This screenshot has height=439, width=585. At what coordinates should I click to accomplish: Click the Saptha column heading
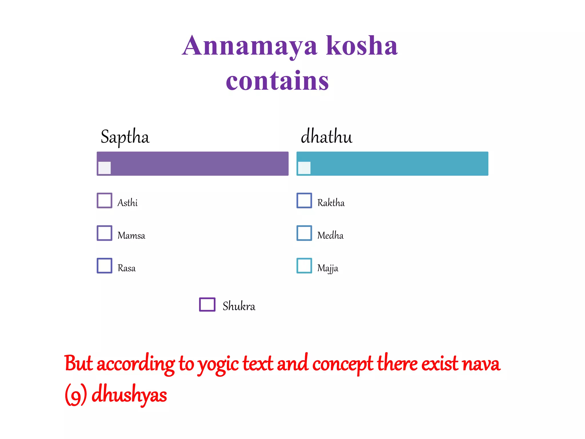(125, 137)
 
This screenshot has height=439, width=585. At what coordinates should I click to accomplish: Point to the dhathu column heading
(326, 136)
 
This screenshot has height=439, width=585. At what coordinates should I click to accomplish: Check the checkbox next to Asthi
(105, 200)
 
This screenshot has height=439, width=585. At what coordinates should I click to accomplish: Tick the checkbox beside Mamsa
(105, 233)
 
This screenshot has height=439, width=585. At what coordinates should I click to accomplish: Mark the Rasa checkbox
(105, 266)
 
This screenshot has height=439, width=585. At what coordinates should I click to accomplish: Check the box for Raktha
(304, 200)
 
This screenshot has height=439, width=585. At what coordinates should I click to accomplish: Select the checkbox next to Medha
(304, 233)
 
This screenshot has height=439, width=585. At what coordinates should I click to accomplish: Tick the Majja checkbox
(304, 266)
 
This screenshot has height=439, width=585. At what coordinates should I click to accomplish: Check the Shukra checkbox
(207, 304)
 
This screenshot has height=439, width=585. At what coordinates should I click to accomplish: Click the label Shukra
(239, 306)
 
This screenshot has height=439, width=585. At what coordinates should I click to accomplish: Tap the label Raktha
(331, 203)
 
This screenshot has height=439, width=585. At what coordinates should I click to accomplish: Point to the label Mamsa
(131, 236)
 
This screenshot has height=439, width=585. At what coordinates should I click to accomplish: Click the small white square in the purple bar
(105, 168)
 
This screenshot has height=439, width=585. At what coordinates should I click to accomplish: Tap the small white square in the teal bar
(304, 168)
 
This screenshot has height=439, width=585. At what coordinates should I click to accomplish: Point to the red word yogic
(218, 364)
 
